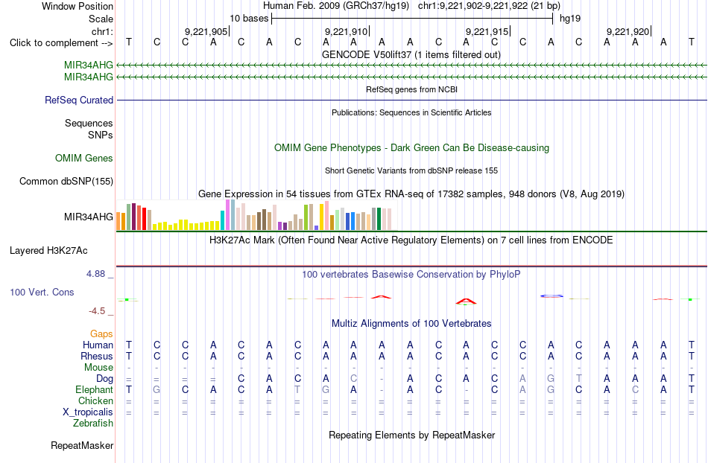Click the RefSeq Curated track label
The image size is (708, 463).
(x=79, y=100)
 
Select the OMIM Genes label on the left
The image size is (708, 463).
(x=84, y=159)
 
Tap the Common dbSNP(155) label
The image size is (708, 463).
(x=66, y=181)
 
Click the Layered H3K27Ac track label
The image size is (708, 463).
(x=48, y=251)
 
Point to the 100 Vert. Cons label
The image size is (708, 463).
(x=42, y=292)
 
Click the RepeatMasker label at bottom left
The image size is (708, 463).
(x=82, y=445)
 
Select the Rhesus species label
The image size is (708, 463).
(x=97, y=356)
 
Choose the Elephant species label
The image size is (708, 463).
(x=95, y=389)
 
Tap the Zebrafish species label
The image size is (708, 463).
(x=93, y=424)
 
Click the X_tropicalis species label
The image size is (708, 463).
(x=88, y=412)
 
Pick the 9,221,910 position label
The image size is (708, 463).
(x=347, y=31)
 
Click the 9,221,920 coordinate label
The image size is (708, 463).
(x=628, y=31)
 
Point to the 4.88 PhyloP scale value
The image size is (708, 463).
(x=95, y=274)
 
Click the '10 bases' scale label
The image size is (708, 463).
(x=249, y=19)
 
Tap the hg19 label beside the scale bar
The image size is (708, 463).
(x=570, y=19)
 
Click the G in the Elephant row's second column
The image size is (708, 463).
(x=157, y=389)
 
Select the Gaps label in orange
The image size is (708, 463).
(x=101, y=334)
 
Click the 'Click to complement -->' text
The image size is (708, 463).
(x=61, y=43)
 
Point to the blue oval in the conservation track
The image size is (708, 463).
(x=551, y=296)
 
